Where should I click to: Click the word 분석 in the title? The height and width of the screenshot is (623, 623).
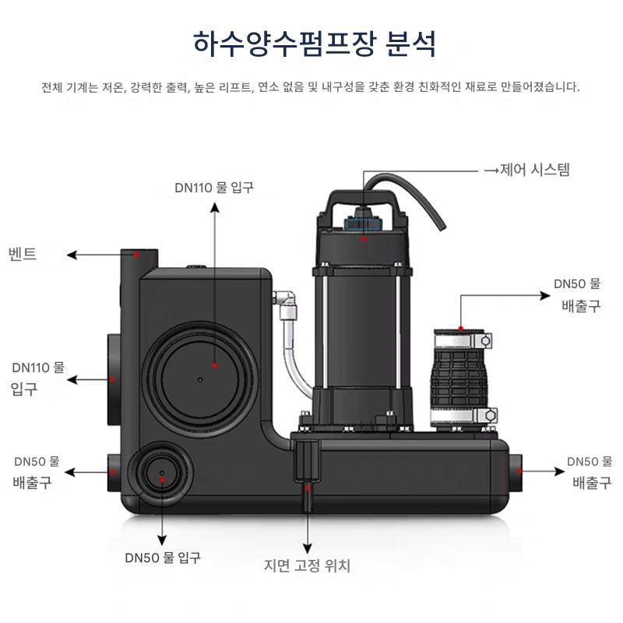[410, 44]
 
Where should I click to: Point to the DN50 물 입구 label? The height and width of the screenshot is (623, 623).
[163, 558]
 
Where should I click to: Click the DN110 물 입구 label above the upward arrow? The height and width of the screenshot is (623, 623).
[214, 187]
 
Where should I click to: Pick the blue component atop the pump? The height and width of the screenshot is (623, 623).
[363, 221]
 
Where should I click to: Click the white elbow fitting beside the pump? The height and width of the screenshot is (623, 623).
[286, 299]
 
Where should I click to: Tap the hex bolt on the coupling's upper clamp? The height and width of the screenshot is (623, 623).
[486, 340]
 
